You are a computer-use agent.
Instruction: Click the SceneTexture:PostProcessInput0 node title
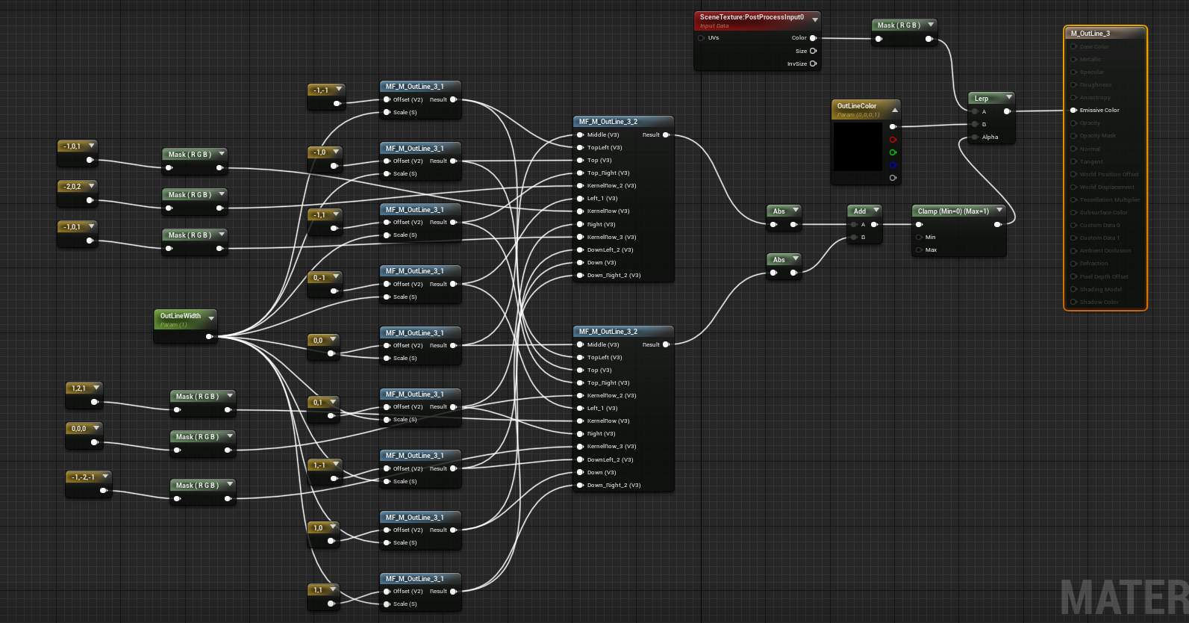pos(752,17)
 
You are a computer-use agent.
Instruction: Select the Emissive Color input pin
pos(1073,111)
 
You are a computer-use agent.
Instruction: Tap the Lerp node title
pos(982,99)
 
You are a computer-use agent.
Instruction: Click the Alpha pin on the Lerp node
pos(975,137)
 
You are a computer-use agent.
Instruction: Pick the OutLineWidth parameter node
pos(181,317)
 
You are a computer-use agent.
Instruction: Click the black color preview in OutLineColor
pos(858,148)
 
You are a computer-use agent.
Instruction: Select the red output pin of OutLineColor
pos(893,140)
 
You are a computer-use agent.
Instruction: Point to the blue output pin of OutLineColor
pos(893,165)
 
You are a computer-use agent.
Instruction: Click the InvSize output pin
pos(813,64)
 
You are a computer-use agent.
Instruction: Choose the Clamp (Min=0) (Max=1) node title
pos(953,211)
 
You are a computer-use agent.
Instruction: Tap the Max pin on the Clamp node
pos(919,250)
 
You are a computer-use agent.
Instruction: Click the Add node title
pos(860,211)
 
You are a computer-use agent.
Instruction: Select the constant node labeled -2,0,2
pos(73,187)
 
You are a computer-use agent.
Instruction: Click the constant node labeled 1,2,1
pos(79,388)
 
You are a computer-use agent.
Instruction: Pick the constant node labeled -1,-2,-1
pos(84,477)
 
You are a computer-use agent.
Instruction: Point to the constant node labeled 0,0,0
pos(79,429)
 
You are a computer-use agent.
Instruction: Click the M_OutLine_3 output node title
pos(1090,34)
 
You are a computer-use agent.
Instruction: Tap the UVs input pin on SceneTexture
pos(701,38)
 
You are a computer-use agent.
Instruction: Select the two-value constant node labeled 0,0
pos(319,341)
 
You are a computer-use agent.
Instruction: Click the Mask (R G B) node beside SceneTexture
pos(899,25)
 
